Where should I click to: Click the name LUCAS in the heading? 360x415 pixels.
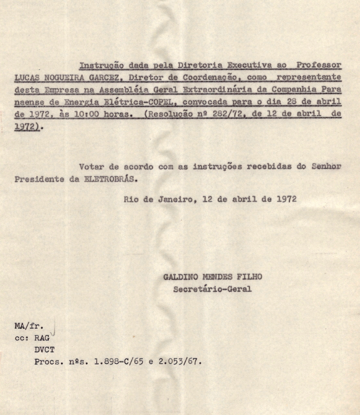tap(29, 77)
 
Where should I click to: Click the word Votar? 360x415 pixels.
tap(91, 166)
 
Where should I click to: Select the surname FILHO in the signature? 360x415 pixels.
tap(249, 277)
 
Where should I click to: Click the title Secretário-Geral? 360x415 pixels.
tap(212, 289)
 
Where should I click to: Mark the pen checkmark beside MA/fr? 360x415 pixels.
tap(54, 327)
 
